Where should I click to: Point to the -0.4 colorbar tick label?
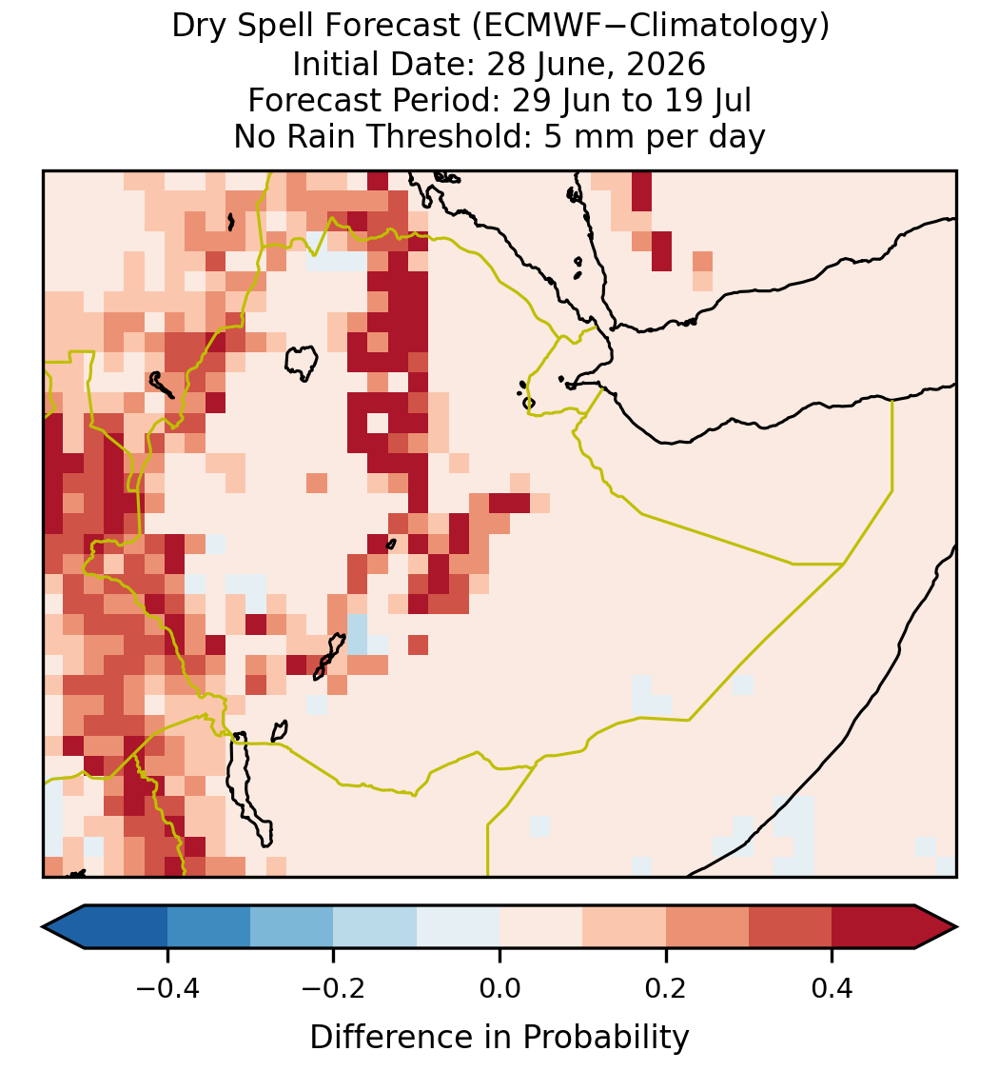coord(167,988)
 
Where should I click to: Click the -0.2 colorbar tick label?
coord(334,988)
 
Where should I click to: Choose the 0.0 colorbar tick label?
coord(499,988)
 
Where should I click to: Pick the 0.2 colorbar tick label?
coord(666,988)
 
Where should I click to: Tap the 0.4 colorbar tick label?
coord(832,988)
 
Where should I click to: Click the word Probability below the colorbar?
coord(606,1038)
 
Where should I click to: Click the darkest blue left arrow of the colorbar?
coord(66,927)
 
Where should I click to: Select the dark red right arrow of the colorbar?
coord(934,927)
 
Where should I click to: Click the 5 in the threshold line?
coord(552,136)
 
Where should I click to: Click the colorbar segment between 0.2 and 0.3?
coord(707,927)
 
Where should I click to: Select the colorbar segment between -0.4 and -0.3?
coord(208,927)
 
